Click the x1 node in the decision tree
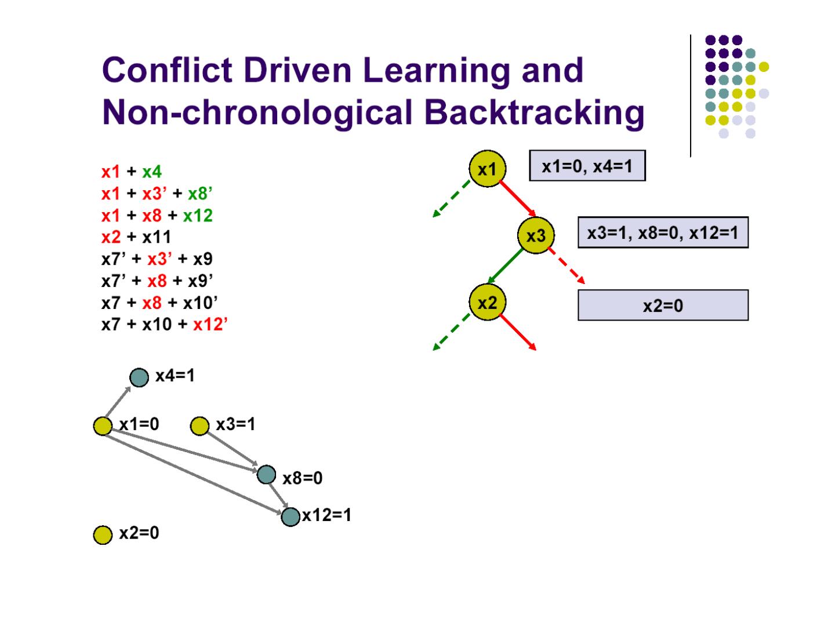click(487, 169)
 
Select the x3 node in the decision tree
click(536, 235)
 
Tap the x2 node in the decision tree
click(487, 302)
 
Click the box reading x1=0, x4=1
click(587, 166)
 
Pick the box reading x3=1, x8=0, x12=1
click(663, 232)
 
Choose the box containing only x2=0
click(663, 305)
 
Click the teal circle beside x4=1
click(139, 377)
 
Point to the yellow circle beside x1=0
click(103, 426)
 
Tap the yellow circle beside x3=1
click(199, 426)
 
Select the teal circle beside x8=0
click(266, 475)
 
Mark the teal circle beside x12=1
click(291, 516)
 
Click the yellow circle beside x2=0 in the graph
click(103, 534)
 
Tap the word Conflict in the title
click(168, 70)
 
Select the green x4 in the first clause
click(152, 172)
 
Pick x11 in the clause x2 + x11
click(157, 237)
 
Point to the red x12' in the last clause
click(210, 324)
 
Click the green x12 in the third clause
click(198, 216)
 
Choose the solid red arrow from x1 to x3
click(517, 199)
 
